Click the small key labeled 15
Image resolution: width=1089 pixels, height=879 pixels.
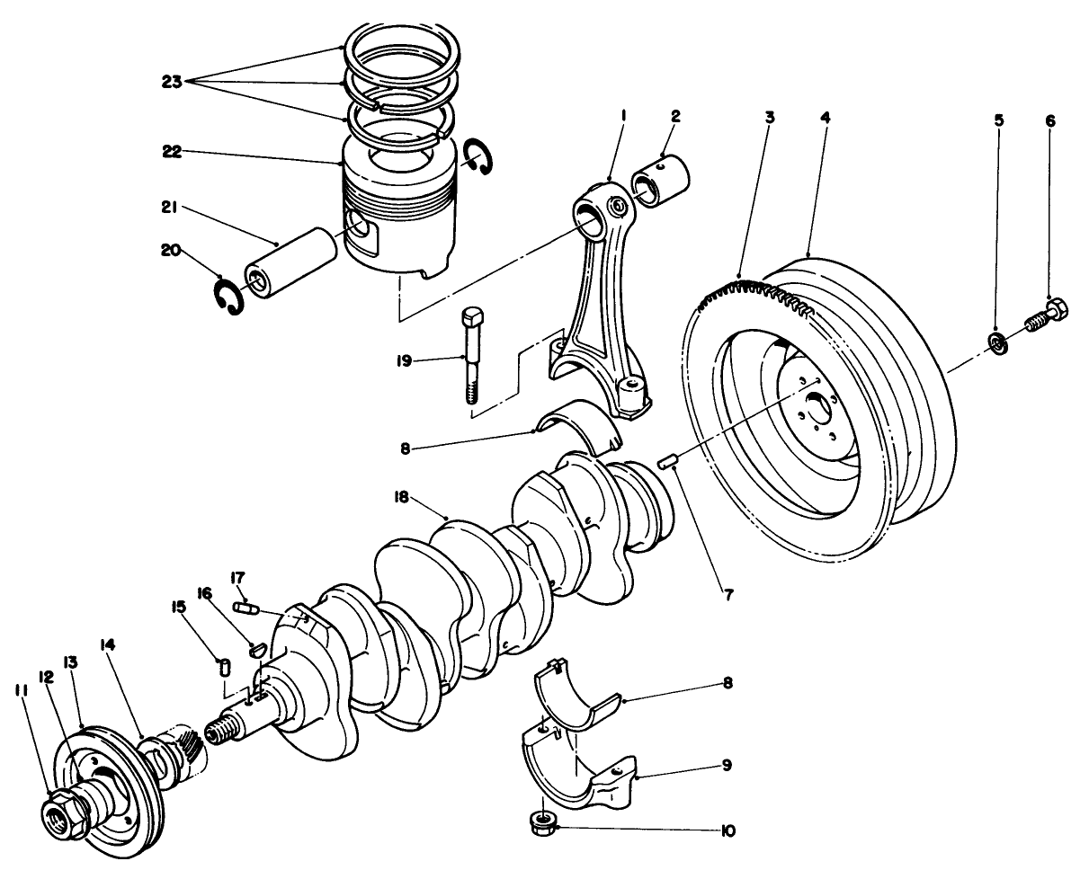[x=226, y=668]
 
